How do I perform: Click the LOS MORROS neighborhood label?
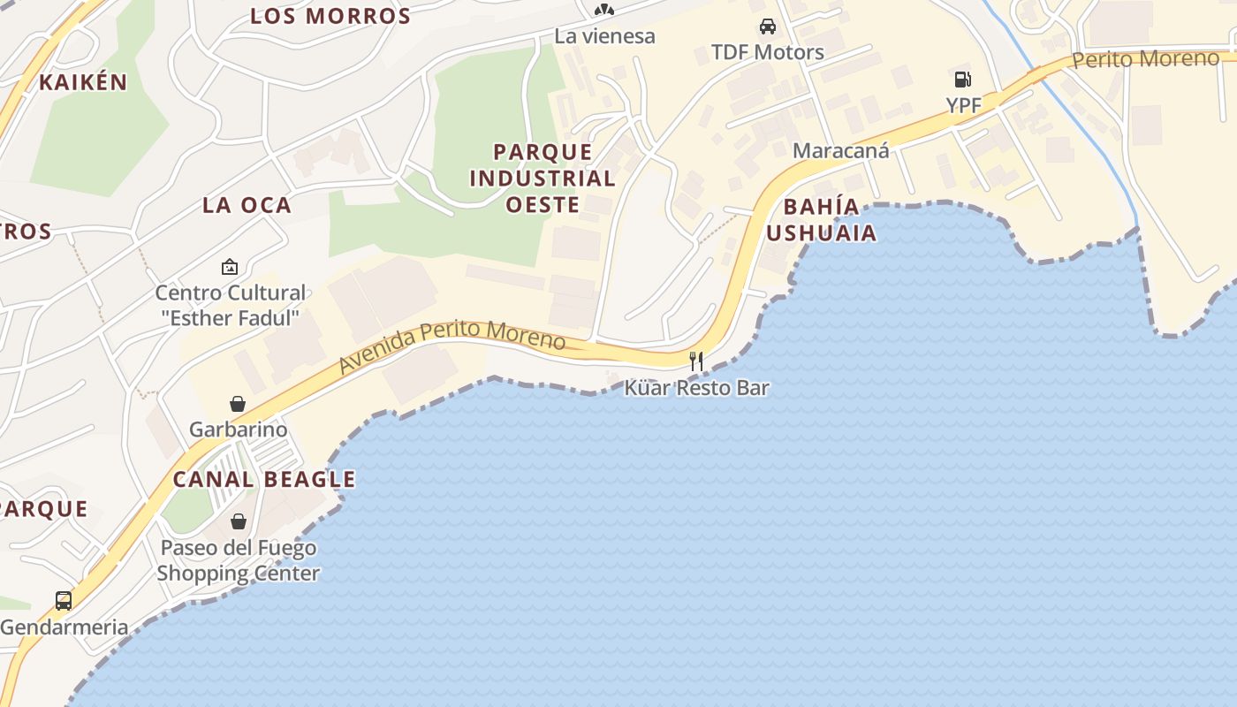click(330, 16)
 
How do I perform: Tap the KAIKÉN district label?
click(83, 82)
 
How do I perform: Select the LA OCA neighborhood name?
click(247, 205)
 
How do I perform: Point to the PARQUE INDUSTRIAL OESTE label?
click(542, 179)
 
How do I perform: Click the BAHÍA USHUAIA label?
click(821, 220)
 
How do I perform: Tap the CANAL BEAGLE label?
click(263, 480)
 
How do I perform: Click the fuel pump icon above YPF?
click(962, 80)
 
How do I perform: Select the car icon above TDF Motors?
click(767, 27)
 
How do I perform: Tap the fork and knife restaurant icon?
click(696, 361)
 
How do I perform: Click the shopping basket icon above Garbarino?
click(238, 404)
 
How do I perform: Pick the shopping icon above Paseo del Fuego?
click(238, 521)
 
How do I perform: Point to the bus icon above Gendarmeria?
click(64, 601)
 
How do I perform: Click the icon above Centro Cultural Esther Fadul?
click(230, 266)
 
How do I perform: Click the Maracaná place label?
click(840, 150)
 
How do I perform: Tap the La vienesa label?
click(604, 36)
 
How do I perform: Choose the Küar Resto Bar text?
click(696, 388)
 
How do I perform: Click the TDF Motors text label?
click(767, 52)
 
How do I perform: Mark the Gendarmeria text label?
click(64, 627)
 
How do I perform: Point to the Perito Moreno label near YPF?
click(1145, 59)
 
